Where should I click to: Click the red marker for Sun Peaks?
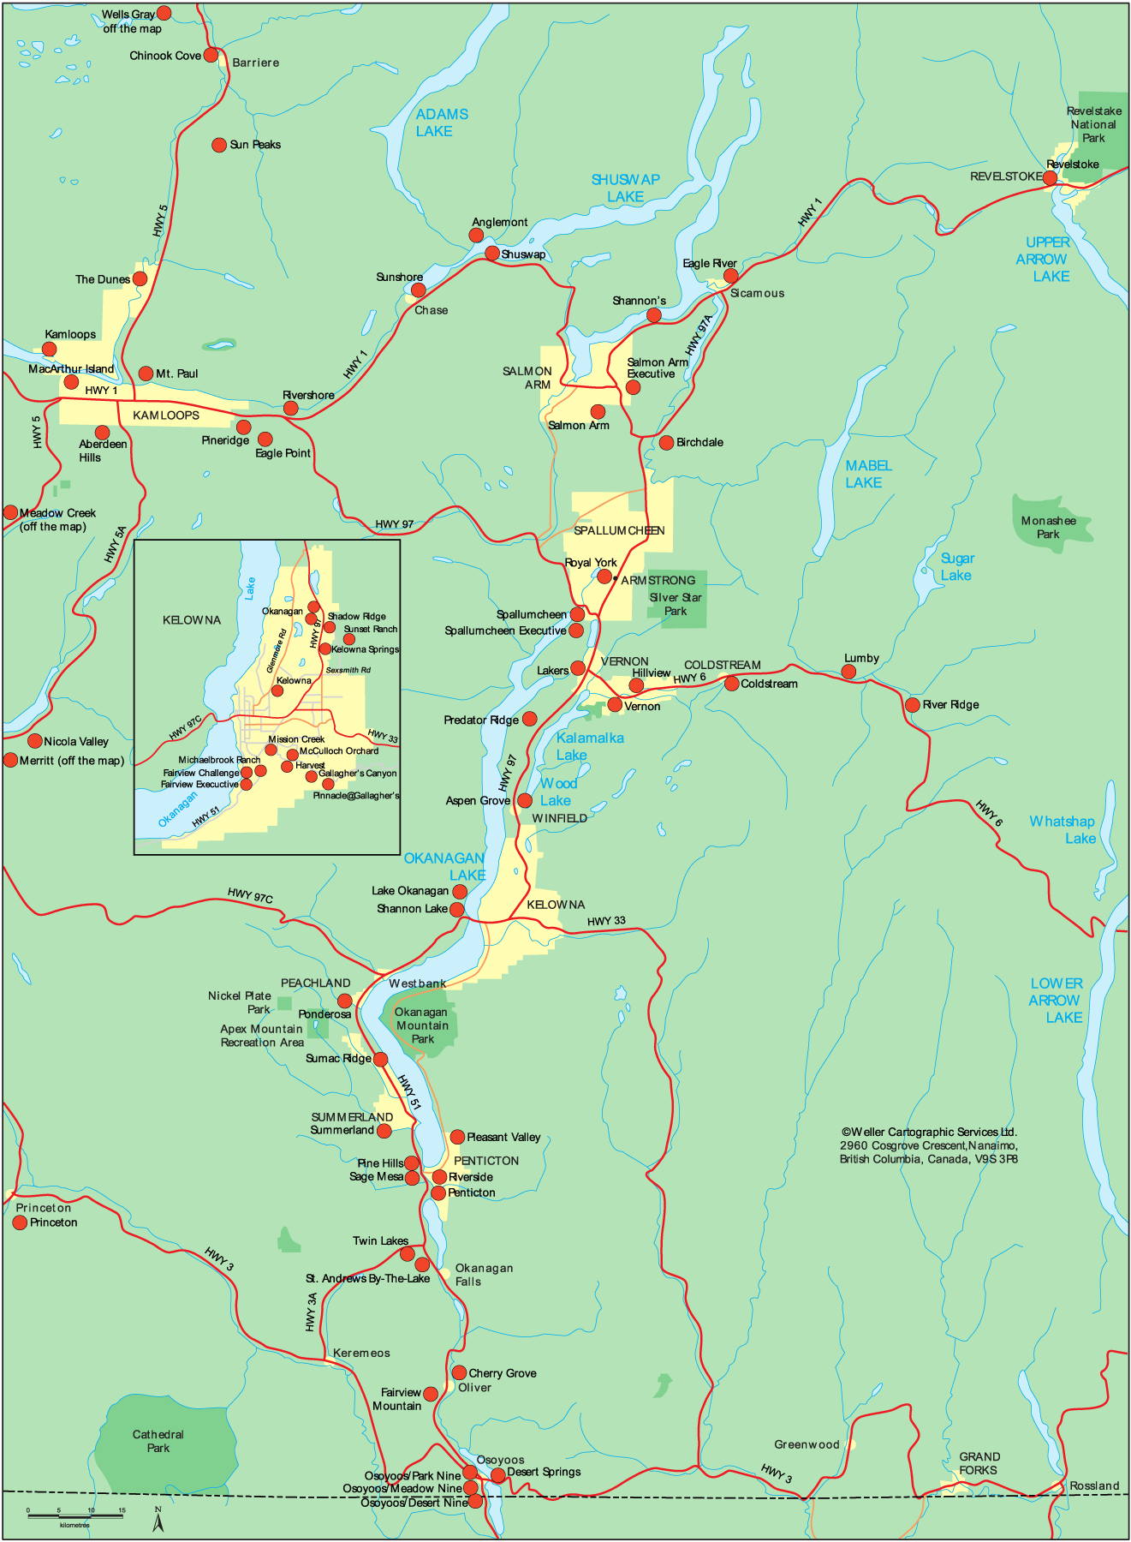tap(219, 145)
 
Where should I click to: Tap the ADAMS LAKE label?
tap(441, 123)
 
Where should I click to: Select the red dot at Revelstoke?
tap(1050, 177)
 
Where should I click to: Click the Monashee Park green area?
tap(1050, 523)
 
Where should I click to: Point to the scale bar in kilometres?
tap(74, 1516)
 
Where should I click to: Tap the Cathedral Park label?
tap(158, 1441)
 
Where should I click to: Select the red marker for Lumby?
tap(848, 672)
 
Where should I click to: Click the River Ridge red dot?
tap(913, 705)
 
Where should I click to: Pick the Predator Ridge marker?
tap(530, 719)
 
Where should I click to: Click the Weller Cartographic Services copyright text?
tap(929, 1145)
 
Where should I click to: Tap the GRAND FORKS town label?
tap(979, 1463)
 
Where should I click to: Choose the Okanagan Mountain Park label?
tap(422, 1025)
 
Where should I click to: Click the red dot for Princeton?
tap(20, 1222)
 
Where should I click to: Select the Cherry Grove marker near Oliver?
tap(459, 1373)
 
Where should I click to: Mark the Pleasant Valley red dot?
tap(457, 1137)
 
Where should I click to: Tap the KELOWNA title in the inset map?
tap(192, 620)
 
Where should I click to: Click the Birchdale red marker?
tap(666, 443)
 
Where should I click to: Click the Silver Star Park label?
tap(676, 604)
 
